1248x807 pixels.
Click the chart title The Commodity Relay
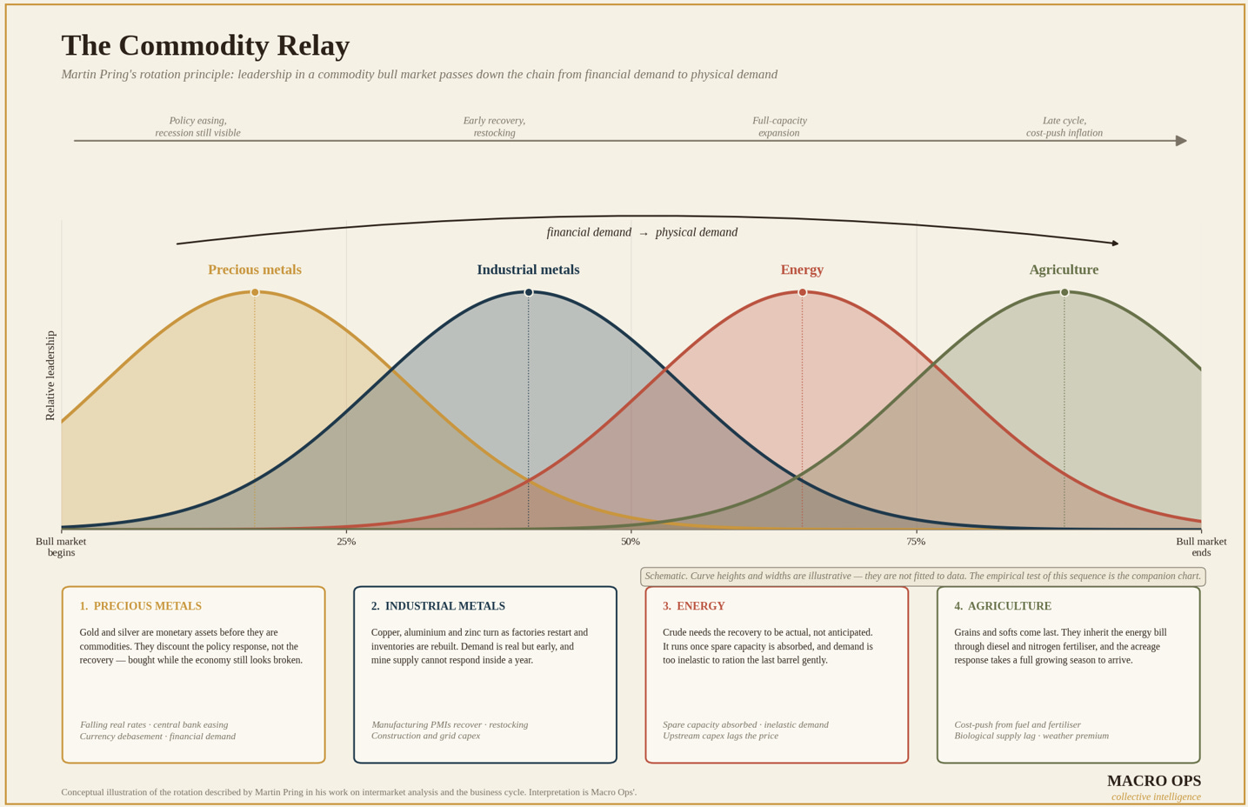205,46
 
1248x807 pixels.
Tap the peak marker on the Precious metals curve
255,292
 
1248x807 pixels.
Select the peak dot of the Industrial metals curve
529,292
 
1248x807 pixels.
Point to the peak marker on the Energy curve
802,292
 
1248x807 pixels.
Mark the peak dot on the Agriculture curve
1064,292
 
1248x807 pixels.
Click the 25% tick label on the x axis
346,542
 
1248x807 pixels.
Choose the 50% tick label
631,542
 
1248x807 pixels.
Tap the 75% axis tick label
916,542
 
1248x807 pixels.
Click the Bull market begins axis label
61,547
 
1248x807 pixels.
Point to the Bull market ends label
1201,547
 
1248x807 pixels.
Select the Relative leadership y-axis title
50,376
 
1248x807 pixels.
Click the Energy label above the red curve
802,270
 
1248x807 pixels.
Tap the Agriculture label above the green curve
1064,270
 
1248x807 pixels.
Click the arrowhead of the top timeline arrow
1181,141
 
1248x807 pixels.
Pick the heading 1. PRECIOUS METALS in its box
140,606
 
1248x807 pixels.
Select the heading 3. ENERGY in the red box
694,606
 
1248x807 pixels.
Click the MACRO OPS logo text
1154,781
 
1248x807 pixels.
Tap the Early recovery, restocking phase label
494,126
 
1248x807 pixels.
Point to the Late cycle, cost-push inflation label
1064,126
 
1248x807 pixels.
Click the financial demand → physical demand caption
642,232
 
